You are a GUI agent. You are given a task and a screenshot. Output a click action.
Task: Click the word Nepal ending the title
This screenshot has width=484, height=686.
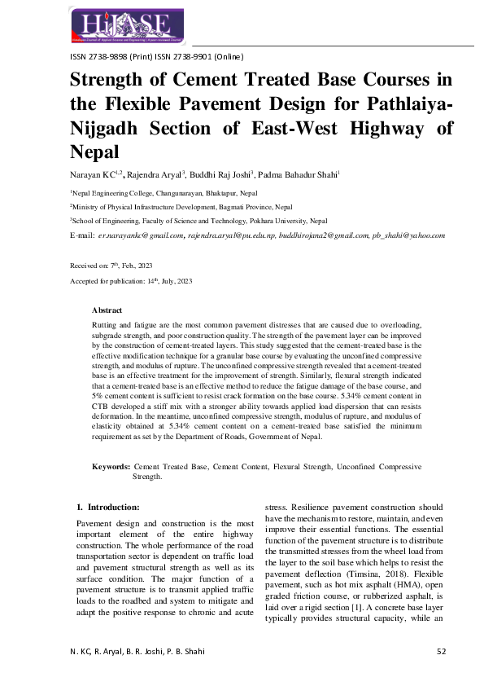[95, 152]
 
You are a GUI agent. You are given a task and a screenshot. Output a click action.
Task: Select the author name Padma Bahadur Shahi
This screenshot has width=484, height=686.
[297, 174]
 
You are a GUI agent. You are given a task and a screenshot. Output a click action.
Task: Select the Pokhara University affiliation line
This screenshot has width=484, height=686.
[199, 220]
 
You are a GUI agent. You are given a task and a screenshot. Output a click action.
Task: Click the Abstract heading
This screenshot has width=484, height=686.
[107, 310]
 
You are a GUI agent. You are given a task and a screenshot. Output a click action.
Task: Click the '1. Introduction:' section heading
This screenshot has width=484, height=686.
[113, 507]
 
